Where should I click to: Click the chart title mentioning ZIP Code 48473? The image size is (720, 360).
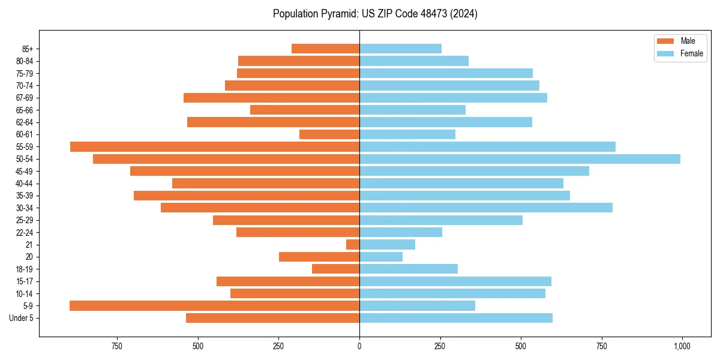pyautogui.click(x=375, y=14)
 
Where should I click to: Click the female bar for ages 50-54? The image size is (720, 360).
pyautogui.click(x=520, y=159)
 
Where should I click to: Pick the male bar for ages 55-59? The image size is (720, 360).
pyautogui.click(x=215, y=146)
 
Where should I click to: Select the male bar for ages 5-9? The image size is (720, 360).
pyautogui.click(x=214, y=305)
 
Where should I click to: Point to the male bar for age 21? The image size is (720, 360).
pyautogui.click(x=353, y=244)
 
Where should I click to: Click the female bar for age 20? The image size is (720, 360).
pyautogui.click(x=381, y=257)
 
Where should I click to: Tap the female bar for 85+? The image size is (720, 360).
pyautogui.click(x=400, y=49)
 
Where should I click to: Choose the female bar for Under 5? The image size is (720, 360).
pyautogui.click(x=456, y=318)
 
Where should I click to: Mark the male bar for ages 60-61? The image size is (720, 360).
pyautogui.click(x=329, y=134)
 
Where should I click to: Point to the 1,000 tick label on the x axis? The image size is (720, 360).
pyautogui.click(x=682, y=346)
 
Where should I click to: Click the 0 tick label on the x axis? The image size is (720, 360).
pyautogui.click(x=359, y=346)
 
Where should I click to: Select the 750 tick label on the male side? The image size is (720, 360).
pyautogui.click(x=117, y=346)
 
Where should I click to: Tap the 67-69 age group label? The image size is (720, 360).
pyautogui.click(x=25, y=98)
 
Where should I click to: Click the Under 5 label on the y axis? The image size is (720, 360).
pyautogui.click(x=22, y=318)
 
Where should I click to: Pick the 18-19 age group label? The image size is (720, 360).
pyautogui.click(x=25, y=269)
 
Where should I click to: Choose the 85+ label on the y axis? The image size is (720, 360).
pyautogui.click(x=27, y=49)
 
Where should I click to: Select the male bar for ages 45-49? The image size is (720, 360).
pyautogui.click(x=245, y=171)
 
